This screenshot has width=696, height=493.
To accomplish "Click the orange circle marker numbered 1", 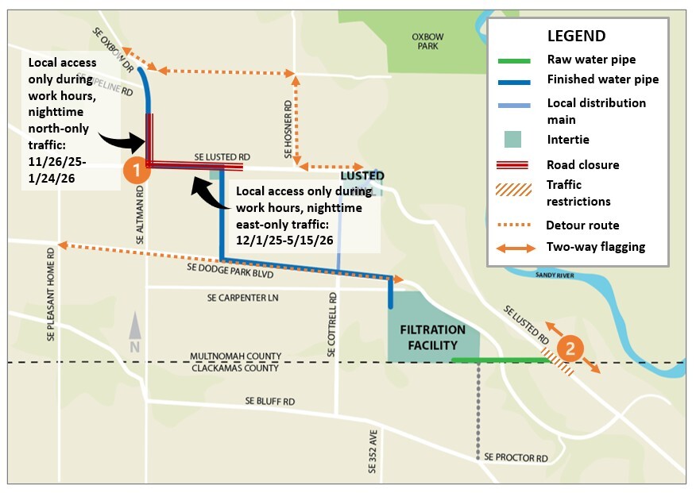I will click(x=136, y=168).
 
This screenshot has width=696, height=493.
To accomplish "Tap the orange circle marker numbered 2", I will click(x=569, y=348).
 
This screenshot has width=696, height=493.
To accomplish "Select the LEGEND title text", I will click(x=576, y=37).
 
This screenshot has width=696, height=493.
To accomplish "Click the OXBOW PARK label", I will click(x=427, y=41).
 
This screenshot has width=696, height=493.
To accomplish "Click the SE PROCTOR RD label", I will click(x=516, y=458).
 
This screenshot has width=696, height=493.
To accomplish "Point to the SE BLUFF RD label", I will click(x=269, y=402).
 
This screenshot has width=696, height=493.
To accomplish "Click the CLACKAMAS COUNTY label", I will click(x=235, y=368).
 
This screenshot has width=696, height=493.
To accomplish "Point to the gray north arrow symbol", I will click(x=135, y=333).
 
